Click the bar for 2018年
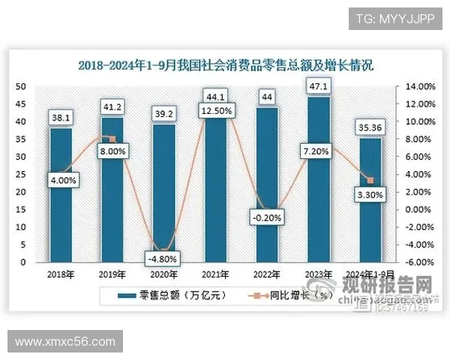pos(61,202)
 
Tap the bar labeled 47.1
pos(318,187)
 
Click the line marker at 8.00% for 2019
pos(112,139)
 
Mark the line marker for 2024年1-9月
pos(370,180)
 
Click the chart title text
pos(226,65)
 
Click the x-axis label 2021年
pos(215,275)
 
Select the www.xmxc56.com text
pos(65,342)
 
